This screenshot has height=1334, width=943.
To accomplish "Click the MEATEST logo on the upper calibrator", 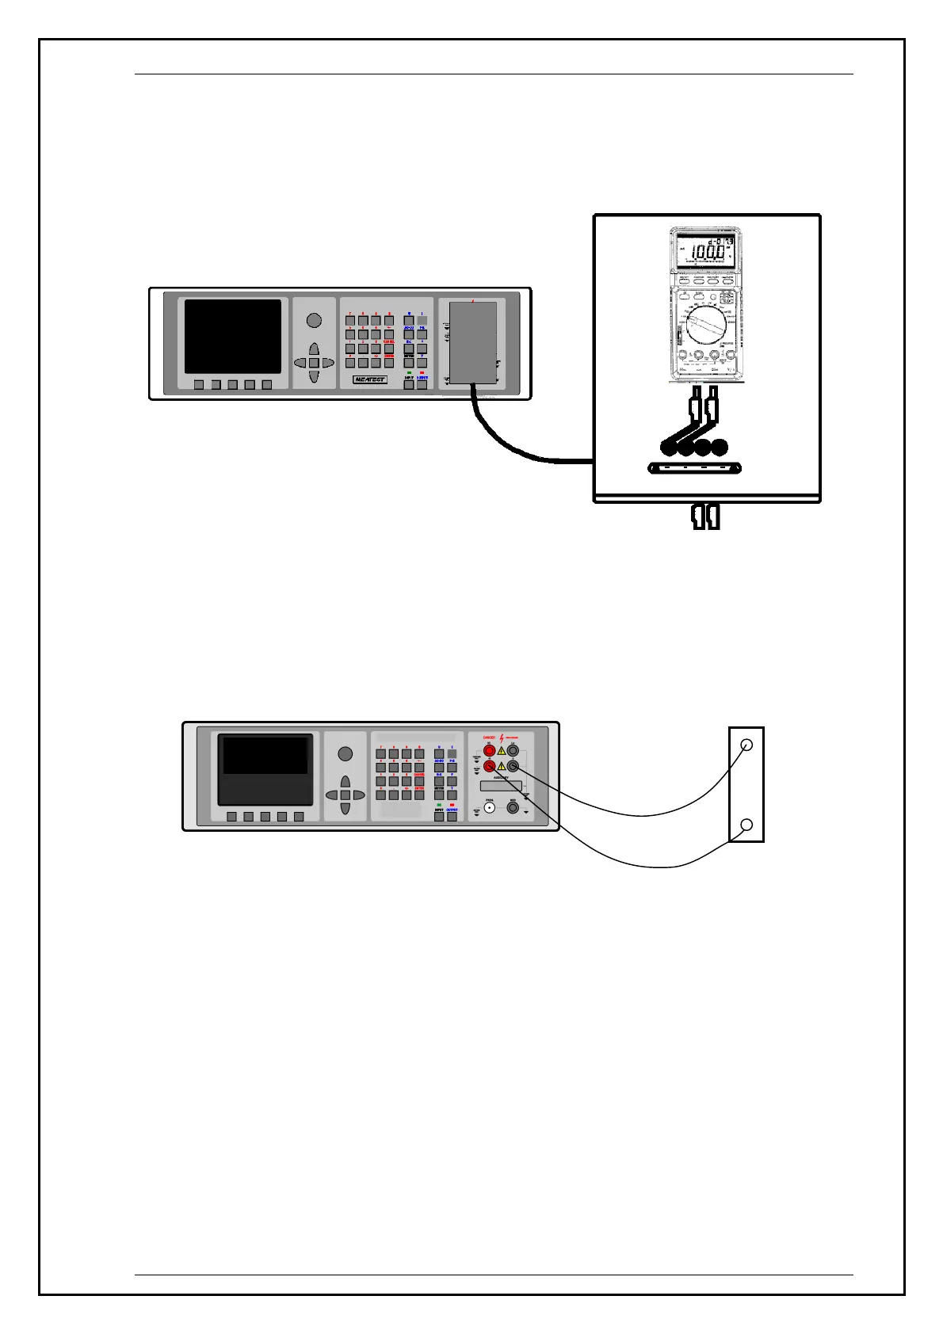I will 370,379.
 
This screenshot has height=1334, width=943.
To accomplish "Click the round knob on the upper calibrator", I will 314,320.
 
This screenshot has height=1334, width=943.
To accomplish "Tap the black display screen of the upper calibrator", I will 233,336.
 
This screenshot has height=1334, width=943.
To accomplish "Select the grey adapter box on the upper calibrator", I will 473,341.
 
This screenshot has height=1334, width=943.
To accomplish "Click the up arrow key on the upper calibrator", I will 314,349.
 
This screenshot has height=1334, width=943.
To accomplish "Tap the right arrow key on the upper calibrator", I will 327,363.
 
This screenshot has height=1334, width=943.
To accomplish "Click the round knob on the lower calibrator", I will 345,753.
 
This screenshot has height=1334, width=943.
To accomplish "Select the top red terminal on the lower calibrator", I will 490,749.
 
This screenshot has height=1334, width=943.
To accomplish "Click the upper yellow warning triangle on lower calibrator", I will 501,750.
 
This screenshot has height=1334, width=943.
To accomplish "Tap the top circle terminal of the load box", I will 746,745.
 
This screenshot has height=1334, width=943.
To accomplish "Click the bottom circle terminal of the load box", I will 746,825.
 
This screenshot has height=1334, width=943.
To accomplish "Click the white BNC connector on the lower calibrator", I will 490,809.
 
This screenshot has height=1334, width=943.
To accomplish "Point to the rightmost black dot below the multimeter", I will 719,448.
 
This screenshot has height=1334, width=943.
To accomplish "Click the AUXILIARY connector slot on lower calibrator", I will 501,786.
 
